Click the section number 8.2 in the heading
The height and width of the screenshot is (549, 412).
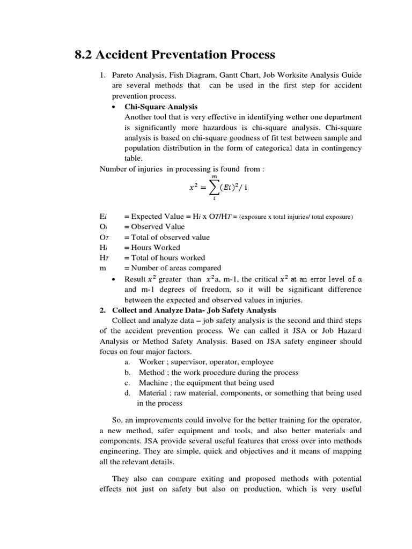(x=83, y=55)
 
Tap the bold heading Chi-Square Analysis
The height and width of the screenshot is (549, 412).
(x=161, y=107)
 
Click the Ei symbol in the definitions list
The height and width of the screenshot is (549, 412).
(x=104, y=217)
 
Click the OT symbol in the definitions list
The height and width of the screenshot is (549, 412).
(x=105, y=238)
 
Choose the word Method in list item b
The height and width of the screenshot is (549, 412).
(x=152, y=372)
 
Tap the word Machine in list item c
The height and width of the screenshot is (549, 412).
(x=153, y=382)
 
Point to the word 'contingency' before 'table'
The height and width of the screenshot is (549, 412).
(x=340, y=148)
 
